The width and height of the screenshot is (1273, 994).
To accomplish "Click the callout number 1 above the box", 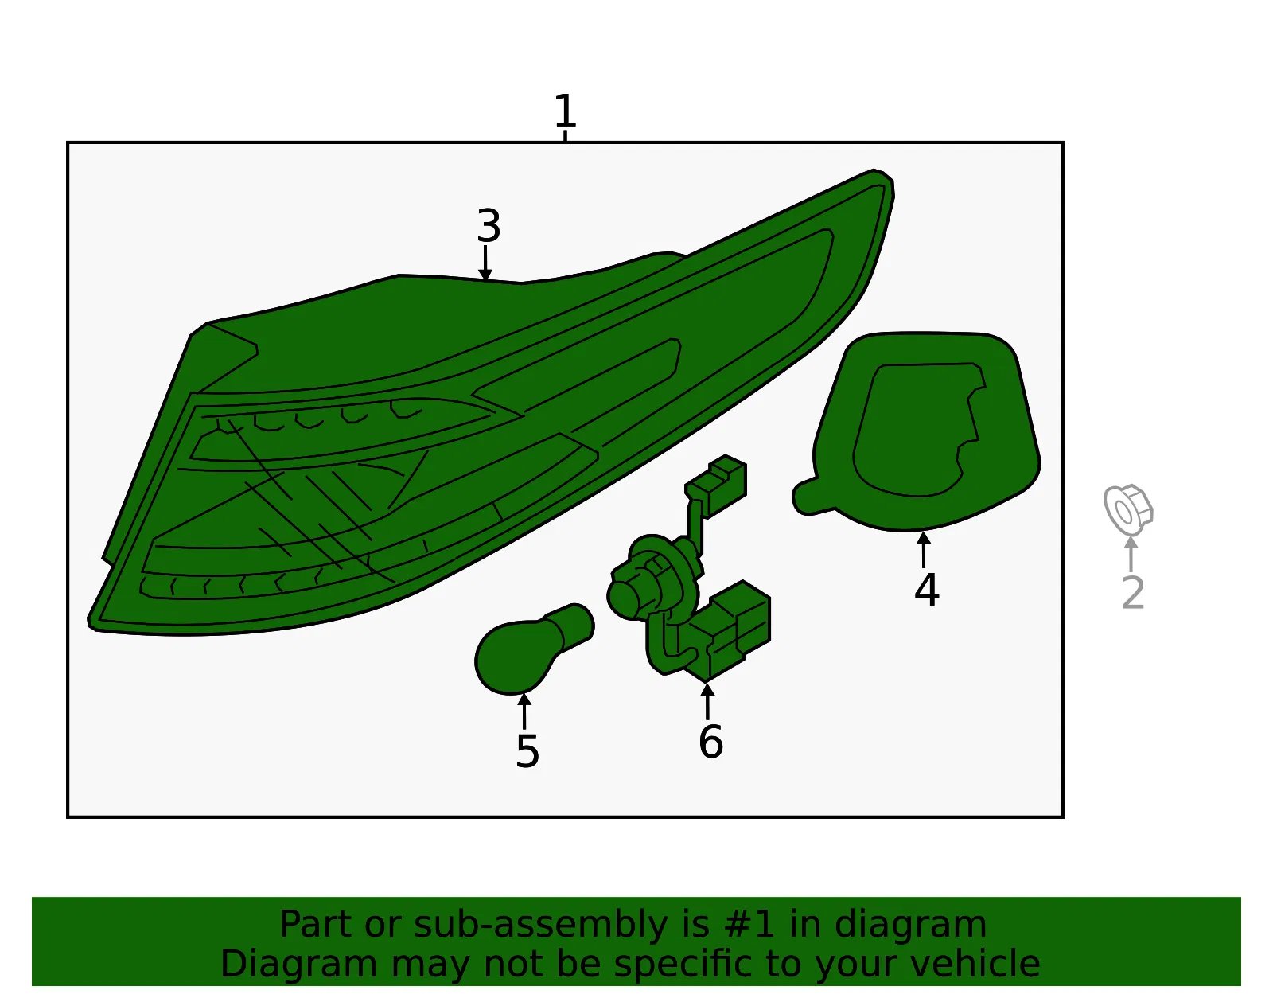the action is point(566,110).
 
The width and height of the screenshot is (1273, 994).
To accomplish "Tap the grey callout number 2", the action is point(1132,592).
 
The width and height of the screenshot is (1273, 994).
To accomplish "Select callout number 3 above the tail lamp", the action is point(489,225).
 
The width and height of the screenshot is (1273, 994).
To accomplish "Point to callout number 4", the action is point(926,589).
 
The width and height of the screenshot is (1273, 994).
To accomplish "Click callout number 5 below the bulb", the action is point(527,751).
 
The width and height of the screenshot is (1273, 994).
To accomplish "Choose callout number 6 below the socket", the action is point(710,742).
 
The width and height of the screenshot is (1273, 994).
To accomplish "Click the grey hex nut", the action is point(1127,509).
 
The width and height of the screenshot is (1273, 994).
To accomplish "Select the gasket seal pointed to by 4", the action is point(917,432).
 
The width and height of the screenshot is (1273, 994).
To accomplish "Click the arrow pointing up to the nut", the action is point(1131,554).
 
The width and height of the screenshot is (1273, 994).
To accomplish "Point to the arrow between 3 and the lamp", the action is point(485,263).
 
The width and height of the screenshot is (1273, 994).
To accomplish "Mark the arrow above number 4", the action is point(923,550).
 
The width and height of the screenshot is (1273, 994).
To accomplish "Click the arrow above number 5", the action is point(524,711).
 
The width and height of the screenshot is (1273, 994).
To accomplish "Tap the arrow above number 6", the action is point(707,701).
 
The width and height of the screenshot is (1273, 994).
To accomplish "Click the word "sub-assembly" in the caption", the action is point(540,924).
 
